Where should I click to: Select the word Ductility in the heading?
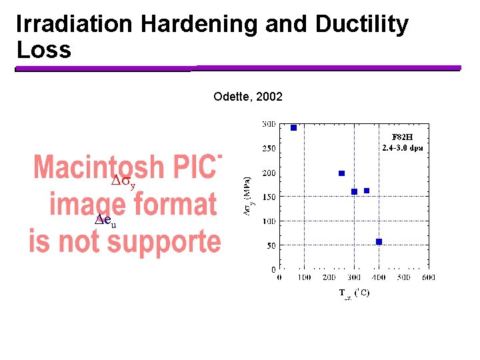[362, 25]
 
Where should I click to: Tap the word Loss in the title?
[43, 50]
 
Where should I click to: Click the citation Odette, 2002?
[248, 97]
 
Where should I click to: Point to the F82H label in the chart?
[403, 137]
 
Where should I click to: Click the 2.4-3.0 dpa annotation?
[402, 147]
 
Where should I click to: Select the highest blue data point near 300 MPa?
[293, 127]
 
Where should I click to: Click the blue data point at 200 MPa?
[341, 173]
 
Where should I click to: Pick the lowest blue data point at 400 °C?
[379, 241]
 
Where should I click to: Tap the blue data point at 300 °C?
[354, 191]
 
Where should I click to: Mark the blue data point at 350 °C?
[367, 191]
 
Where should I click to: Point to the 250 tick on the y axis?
[268, 149]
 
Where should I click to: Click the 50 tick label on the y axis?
[270, 245]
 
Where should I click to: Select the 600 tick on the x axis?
[428, 277]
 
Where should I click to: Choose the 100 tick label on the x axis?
[303, 277]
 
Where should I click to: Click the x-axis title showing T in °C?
[354, 293]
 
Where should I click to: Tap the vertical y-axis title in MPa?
[247, 196]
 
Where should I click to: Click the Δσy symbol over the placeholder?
[123, 182]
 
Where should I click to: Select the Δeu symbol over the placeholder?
[105, 221]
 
